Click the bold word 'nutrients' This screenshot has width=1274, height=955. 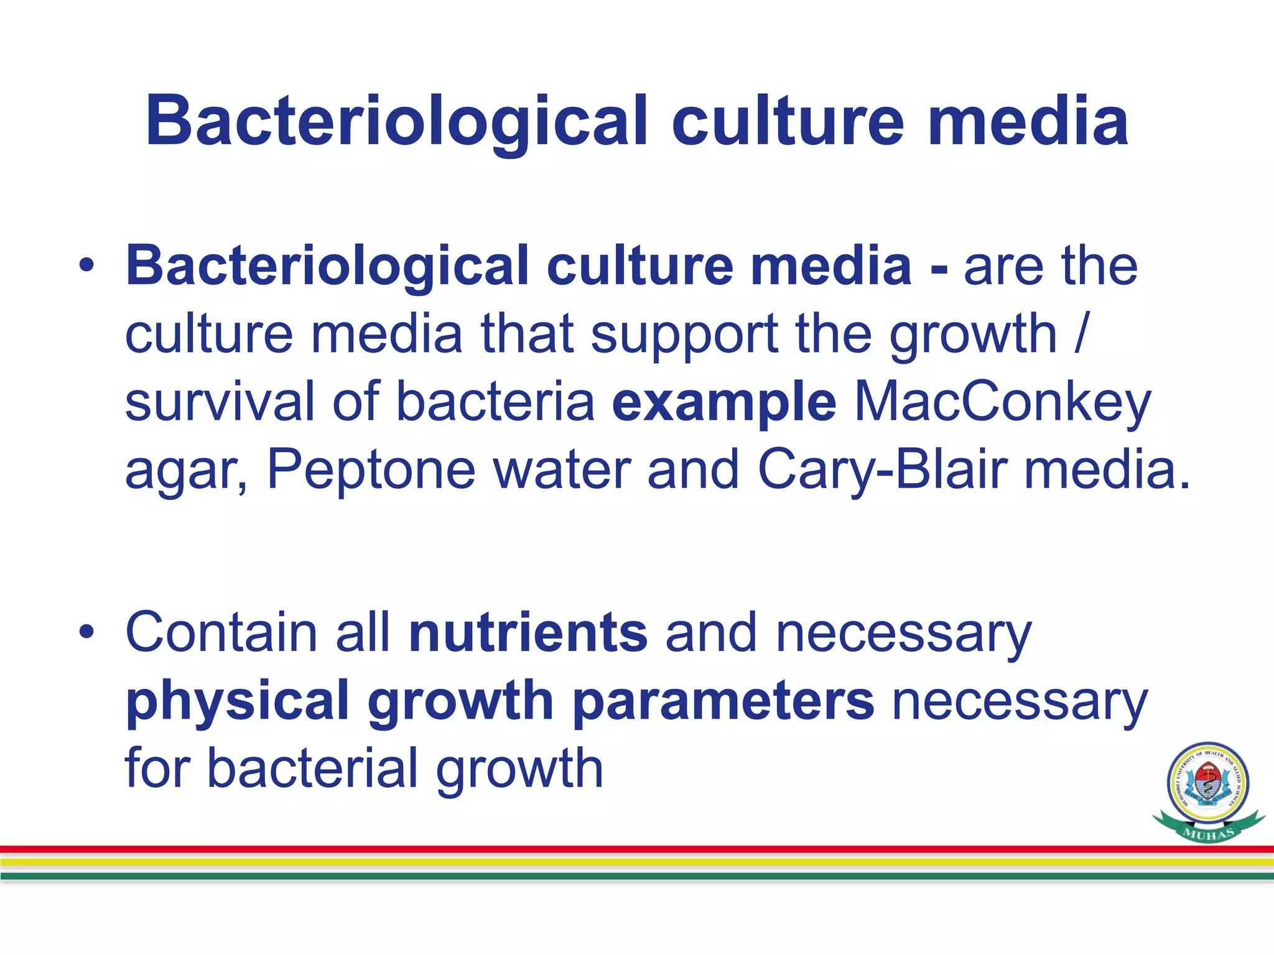pyautogui.click(x=528, y=633)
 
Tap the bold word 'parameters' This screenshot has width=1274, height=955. pyautogui.click(x=723, y=701)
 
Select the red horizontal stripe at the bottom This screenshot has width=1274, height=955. pyautogui.click(x=637, y=849)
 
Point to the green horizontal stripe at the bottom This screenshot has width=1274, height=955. pyautogui.click(x=637, y=876)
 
